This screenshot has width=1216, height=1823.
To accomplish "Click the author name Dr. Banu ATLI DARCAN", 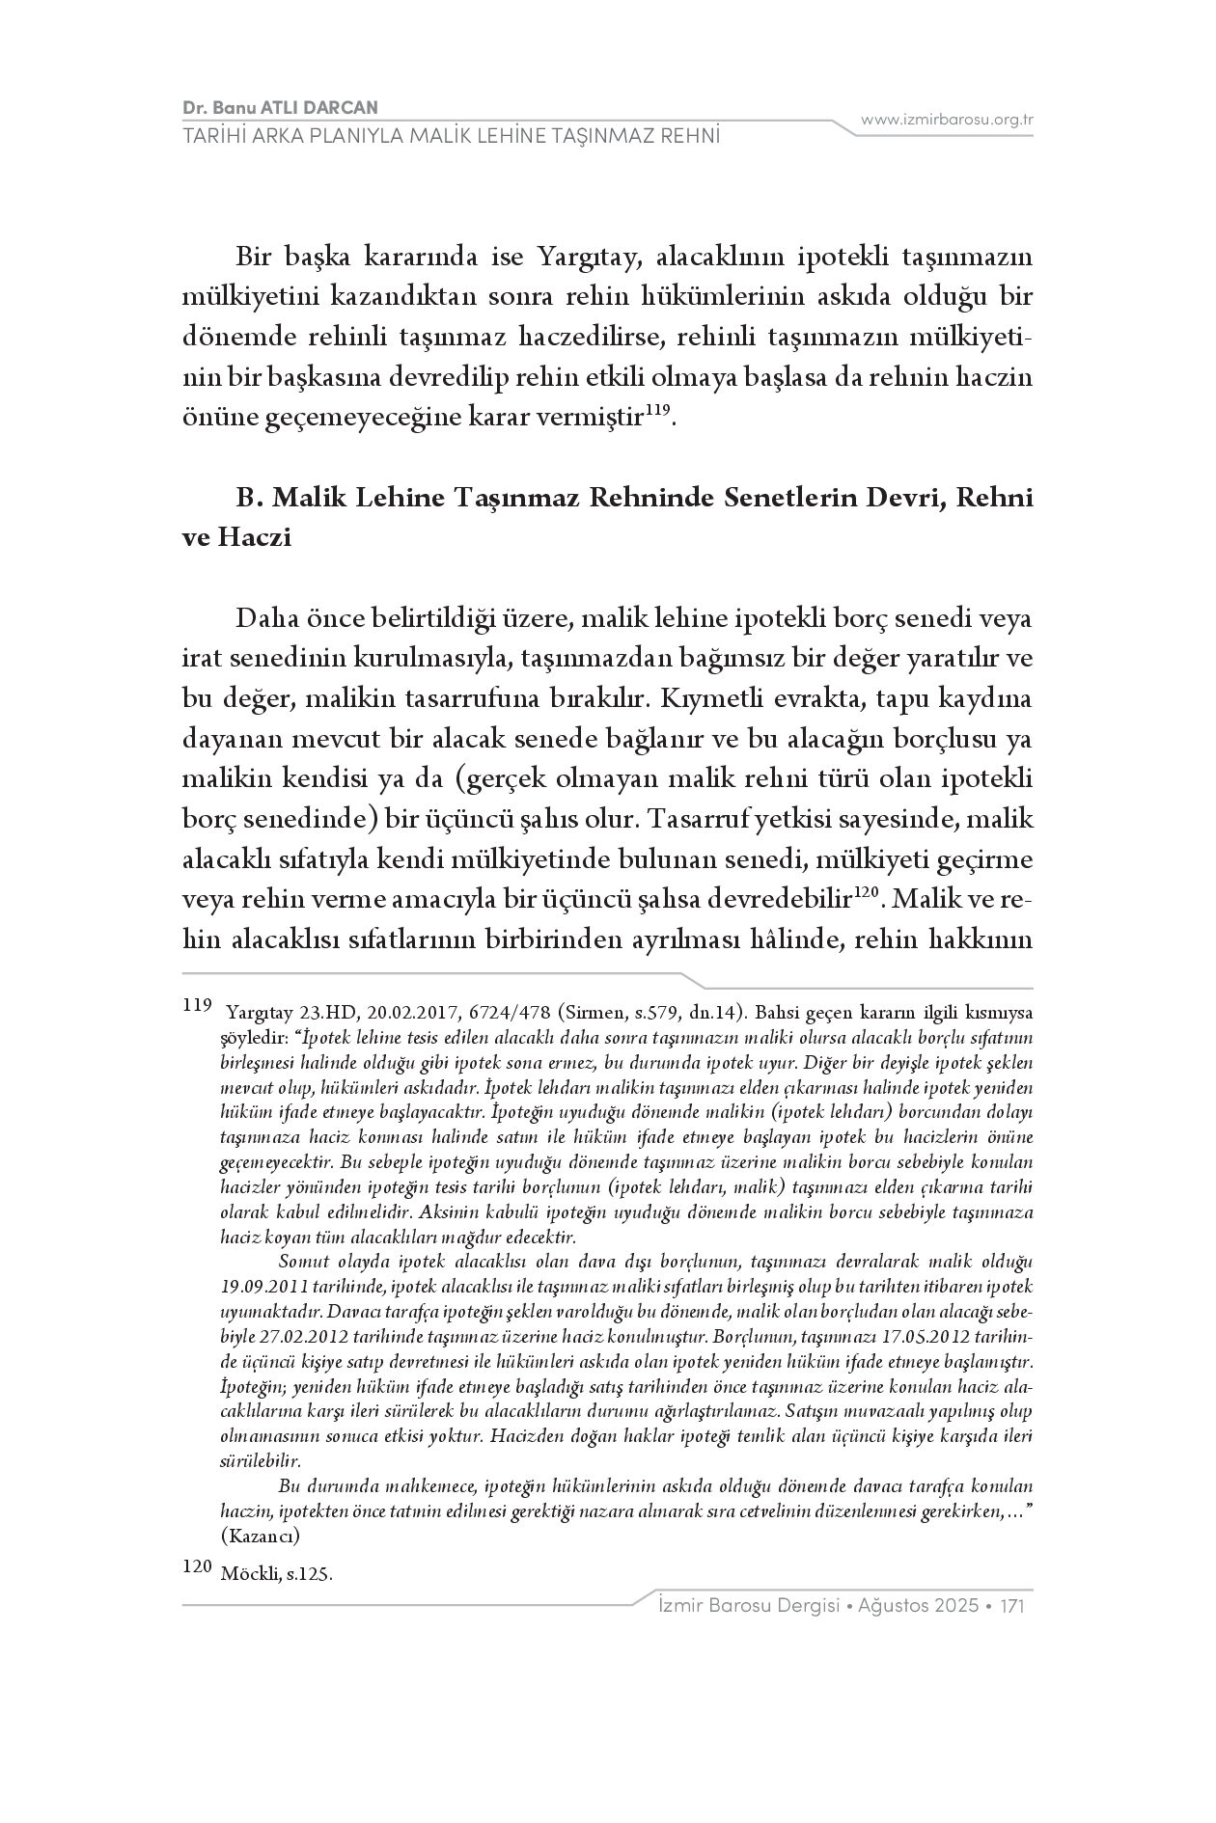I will [280, 107].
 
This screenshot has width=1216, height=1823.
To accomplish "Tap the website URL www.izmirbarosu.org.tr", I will [947, 120].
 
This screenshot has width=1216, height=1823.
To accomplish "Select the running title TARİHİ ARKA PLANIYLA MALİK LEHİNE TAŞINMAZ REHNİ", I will [452, 135].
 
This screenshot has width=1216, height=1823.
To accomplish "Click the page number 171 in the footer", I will [1011, 1606].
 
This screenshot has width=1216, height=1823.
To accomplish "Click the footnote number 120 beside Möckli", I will [196, 1567].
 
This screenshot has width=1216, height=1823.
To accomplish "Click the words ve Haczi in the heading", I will [236, 538].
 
